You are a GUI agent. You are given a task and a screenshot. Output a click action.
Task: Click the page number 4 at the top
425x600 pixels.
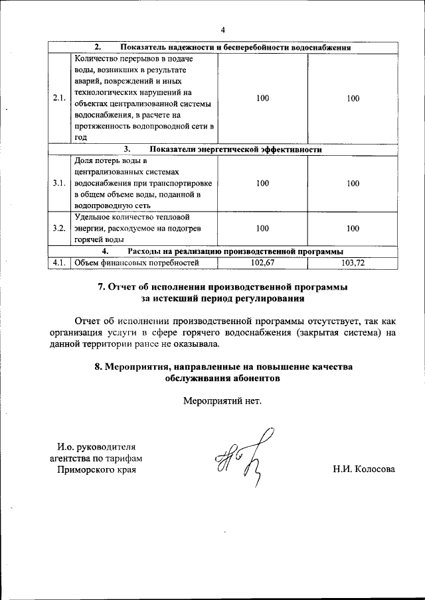(223, 30)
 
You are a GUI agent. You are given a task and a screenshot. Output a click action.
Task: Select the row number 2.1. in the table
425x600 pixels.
(59, 99)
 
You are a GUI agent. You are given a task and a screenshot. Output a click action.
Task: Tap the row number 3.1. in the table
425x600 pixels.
(59, 184)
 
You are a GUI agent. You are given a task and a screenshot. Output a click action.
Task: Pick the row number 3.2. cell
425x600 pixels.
(59, 228)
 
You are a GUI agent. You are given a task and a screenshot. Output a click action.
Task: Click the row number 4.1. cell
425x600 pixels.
(59, 263)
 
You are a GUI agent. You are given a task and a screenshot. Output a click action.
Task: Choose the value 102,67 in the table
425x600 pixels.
(262, 263)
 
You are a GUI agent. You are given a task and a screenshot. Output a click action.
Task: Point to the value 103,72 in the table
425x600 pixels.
(353, 263)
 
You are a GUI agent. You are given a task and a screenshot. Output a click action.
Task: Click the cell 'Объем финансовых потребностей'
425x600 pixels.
(137, 263)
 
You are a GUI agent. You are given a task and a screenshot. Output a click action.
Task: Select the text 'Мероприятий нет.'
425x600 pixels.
(222, 400)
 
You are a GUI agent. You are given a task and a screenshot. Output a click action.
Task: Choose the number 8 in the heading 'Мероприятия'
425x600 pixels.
(98, 367)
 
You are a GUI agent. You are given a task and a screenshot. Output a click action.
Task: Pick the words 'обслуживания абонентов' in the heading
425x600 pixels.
(222, 378)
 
